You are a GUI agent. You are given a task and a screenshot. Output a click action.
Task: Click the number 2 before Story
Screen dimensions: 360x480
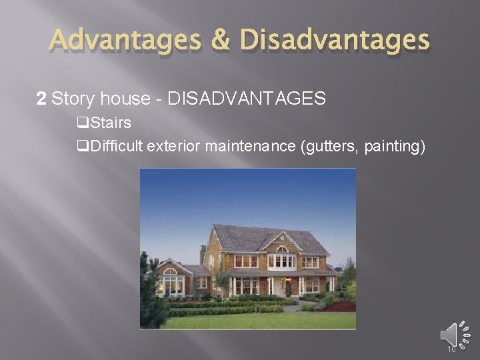point(41,99)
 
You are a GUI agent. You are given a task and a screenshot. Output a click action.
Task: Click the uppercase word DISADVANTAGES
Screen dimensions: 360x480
point(247,99)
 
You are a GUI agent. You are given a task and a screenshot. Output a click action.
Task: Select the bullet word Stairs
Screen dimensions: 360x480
point(111,123)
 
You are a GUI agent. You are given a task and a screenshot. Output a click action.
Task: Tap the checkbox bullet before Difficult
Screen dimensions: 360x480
point(83,145)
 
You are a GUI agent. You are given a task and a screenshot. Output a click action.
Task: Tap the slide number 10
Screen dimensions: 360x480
point(452,349)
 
